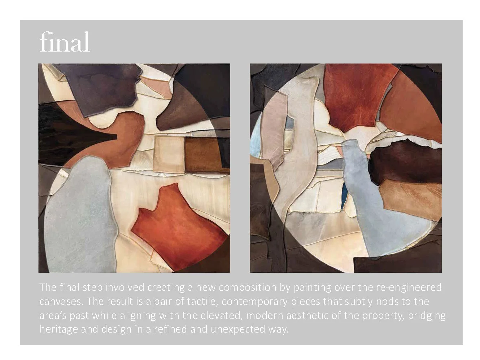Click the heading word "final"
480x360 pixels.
[65, 42]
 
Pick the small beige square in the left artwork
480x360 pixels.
[169, 153]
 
